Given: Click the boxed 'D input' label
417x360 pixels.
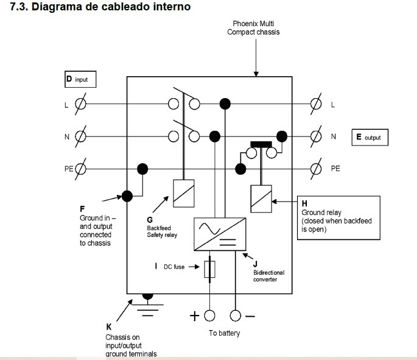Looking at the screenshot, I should click(80, 79).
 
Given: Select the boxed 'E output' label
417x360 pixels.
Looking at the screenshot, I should click(369, 137).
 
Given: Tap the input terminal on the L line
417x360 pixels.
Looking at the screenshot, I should click(80, 104).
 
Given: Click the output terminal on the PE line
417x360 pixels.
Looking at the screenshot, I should click(315, 168).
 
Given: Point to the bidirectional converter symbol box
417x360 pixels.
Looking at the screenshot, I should click(220, 234).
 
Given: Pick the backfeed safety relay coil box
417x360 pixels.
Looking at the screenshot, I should click(183, 191).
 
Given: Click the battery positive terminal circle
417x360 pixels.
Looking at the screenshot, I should click(209, 316).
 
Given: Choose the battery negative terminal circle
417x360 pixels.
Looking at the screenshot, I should click(236, 316).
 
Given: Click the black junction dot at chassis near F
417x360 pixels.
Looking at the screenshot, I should click(127, 196).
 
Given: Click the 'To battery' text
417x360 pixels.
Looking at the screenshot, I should click(224, 333).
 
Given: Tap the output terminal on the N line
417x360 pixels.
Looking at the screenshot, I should click(315, 136).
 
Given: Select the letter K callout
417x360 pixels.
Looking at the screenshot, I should click(108, 326).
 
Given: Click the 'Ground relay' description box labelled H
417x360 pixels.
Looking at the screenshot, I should click(338, 216).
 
